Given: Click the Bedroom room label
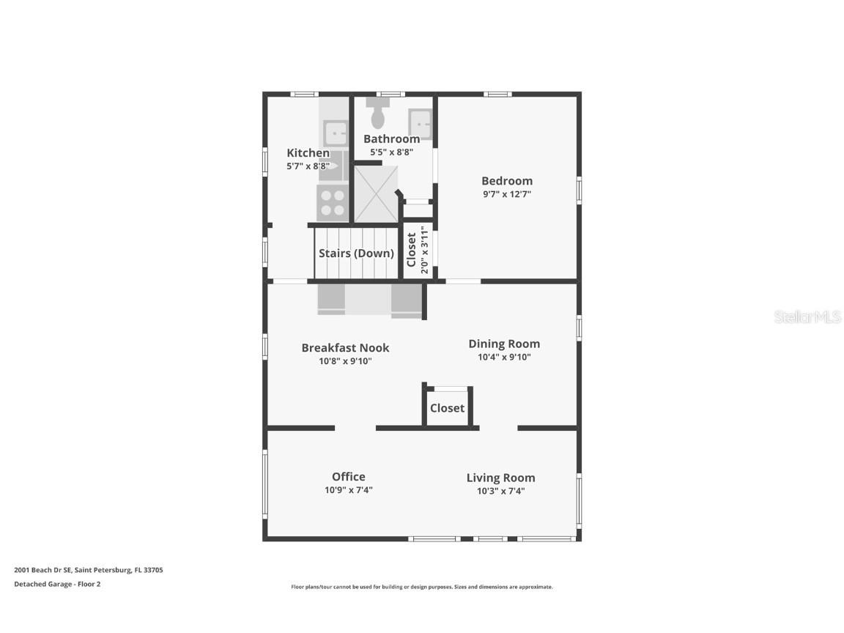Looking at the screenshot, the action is click(506, 182).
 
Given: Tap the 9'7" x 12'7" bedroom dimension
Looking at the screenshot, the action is click(506, 194).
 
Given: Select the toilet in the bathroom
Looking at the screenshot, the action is click(378, 113).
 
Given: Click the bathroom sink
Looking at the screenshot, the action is click(420, 125).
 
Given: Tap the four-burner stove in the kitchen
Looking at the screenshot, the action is click(333, 203).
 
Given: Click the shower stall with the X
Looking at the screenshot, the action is click(377, 194).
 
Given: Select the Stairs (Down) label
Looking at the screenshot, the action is click(356, 253).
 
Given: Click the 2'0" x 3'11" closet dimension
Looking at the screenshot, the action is click(425, 250).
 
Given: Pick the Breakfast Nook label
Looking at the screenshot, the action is click(345, 348).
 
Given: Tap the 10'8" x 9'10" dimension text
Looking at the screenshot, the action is click(345, 361).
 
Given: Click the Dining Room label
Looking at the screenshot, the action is click(504, 344).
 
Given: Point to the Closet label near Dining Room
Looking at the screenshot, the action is click(447, 408).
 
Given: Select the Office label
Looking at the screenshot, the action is click(348, 477).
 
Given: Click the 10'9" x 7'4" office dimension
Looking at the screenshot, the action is click(348, 490).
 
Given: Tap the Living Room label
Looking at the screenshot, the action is click(500, 478).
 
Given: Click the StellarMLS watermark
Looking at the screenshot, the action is click(807, 316).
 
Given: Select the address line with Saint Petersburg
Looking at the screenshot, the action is click(88, 570).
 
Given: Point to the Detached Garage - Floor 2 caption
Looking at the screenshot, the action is click(57, 584).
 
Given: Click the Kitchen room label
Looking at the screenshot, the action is click(308, 153).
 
